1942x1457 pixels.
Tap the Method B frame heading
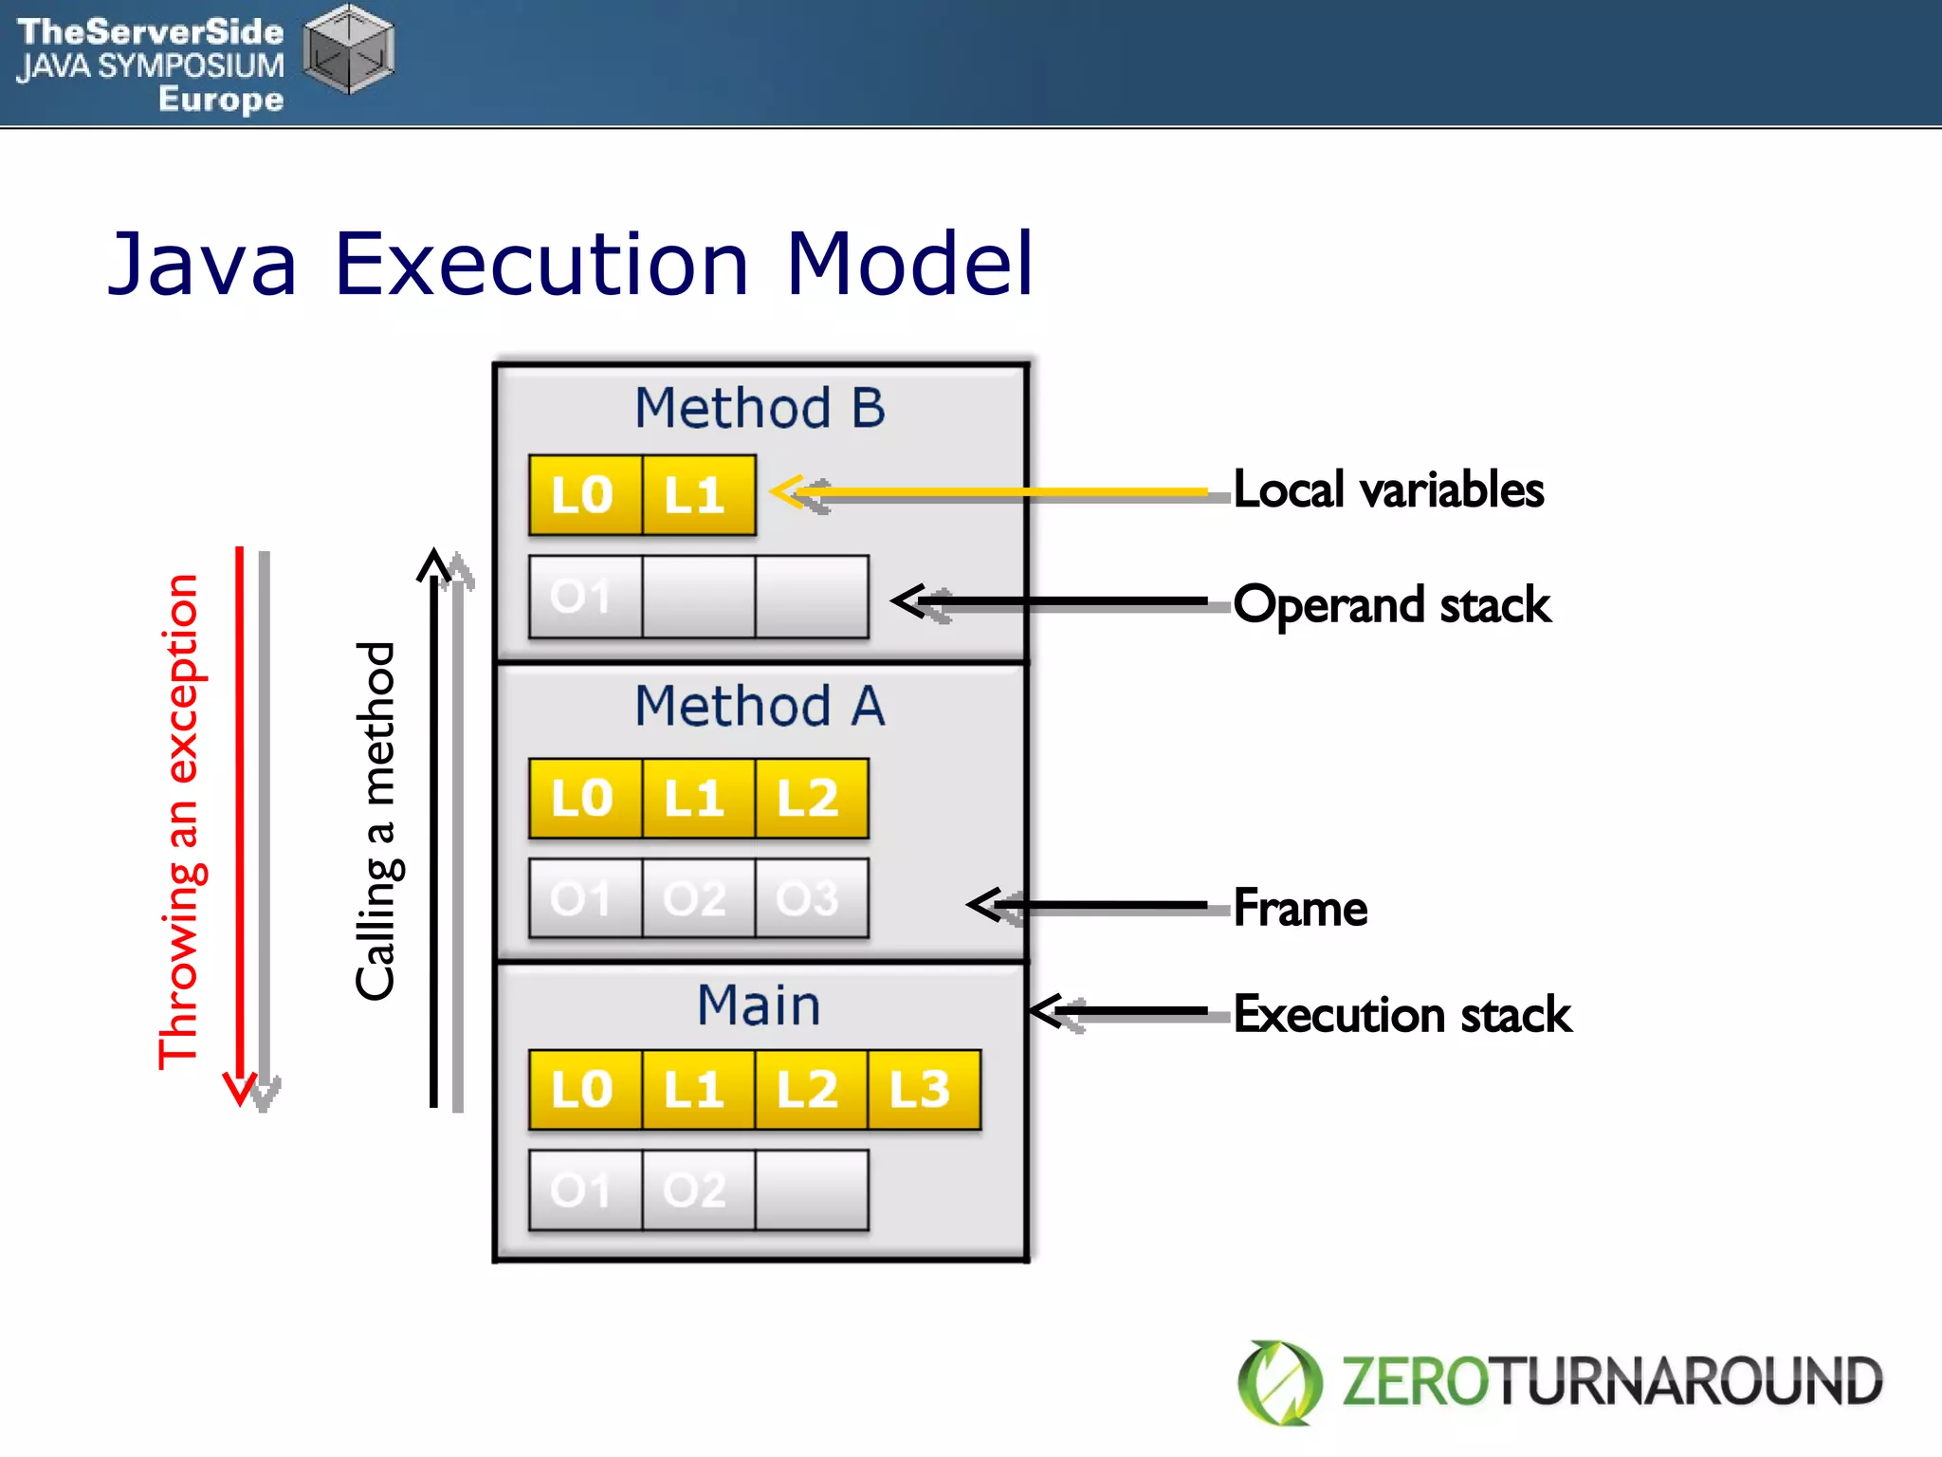pyautogui.click(x=760, y=408)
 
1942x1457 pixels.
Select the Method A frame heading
pyautogui.click(x=760, y=707)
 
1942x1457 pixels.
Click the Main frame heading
pyautogui.click(x=759, y=1005)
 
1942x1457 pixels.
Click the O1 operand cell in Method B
pyautogui.click(x=584, y=597)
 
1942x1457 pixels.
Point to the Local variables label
pyautogui.click(x=1388, y=490)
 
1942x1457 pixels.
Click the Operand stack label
pyautogui.click(x=1392, y=605)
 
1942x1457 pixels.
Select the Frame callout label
pyautogui.click(x=1300, y=908)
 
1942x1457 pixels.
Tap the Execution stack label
pyautogui.click(x=1402, y=1014)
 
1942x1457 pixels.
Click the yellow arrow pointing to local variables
pyautogui.click(x=986, y=491)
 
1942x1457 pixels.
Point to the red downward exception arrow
pyautogui.click(x=240, y=825)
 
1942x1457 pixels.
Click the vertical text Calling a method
pyautogui.click(x=376, y=821)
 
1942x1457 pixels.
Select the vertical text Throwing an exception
pyautogui.click(x=179, y=821)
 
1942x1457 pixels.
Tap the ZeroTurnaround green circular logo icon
pyautogui.click(x=1279, y=1382)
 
